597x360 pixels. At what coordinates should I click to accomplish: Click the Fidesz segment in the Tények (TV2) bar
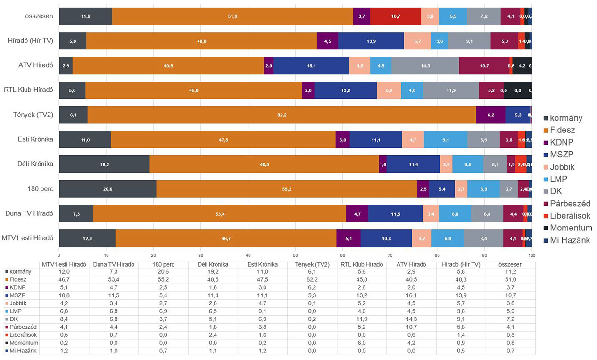click(x=282, y=115)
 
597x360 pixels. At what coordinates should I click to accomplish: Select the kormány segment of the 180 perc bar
click(x=108, y=189)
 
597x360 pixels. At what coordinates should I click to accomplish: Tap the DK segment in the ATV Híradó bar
click(x=425, y=65)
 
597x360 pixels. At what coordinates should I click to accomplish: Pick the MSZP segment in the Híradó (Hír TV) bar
click(x=371, y=41)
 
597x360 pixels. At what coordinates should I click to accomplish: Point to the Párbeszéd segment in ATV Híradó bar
click(x=484, y=65)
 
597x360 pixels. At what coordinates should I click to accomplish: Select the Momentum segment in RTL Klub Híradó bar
click(x=517, y=90)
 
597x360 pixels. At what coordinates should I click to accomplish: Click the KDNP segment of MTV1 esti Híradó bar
click(x=348, y=238)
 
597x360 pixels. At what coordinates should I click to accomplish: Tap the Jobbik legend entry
click(x=562, y=167)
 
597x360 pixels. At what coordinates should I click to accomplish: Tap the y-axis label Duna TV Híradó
click(x=29, y=213)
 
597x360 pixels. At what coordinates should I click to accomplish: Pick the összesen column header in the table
click(x=511, y=264)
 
